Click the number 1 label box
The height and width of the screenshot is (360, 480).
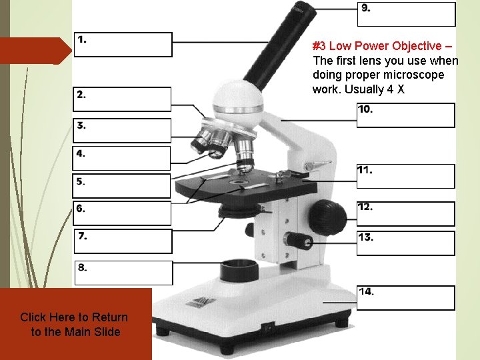(123, 45)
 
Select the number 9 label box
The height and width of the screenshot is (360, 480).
(407, 14)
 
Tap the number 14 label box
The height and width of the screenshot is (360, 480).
(405, 298)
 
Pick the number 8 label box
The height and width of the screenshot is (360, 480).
(123, 273)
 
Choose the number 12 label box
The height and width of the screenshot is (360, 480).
(405, 214)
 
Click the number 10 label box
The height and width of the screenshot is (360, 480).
(405, 115)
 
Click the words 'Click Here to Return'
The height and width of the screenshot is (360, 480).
(74, 317)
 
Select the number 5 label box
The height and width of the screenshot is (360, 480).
(122, 185)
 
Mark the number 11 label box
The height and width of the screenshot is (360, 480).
(405, 176)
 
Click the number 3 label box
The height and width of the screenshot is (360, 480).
(122, 130)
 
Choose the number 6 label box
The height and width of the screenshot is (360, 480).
(122, 213)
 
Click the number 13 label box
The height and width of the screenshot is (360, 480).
(405, 243)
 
